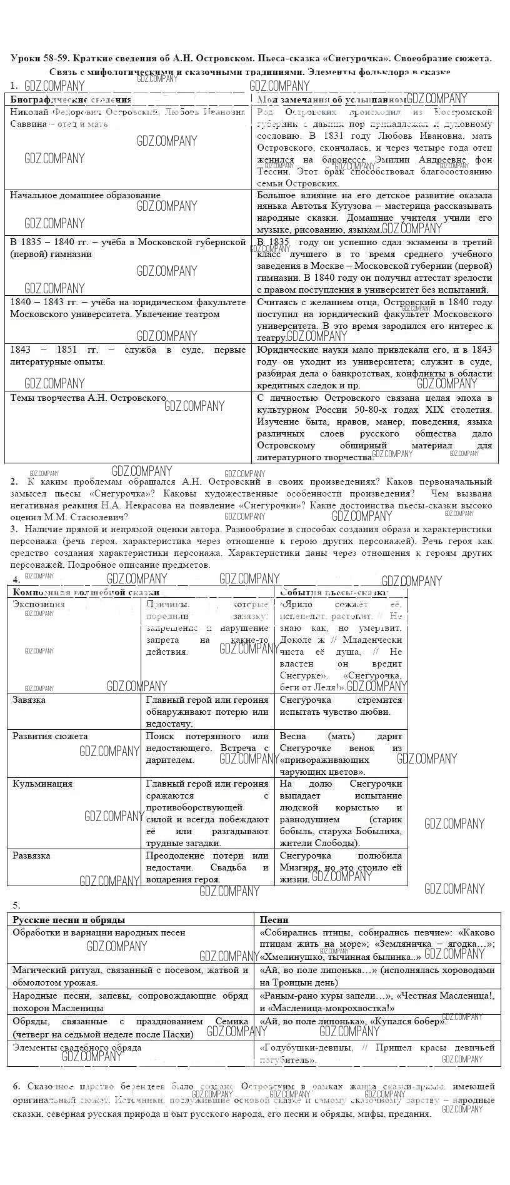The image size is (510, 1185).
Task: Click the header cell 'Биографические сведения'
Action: (x=71, y=99)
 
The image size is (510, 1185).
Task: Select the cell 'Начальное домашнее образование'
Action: (x=85, y=195)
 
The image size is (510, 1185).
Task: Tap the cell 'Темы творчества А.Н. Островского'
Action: (x=88, y=398)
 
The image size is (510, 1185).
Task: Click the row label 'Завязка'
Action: (x=29, y=700)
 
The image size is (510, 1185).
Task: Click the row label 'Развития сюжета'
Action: (x=50, y=736)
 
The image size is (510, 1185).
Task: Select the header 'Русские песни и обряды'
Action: (x=69, y=919)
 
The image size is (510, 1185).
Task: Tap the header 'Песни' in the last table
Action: (x=274, y=919)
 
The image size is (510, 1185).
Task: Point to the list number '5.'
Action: (x=16, y=905)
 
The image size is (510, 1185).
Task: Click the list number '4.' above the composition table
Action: (x=16, y=580)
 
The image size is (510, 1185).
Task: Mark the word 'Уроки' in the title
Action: (x=26, y=58)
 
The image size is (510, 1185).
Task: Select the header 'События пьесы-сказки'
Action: (x=334, y=592)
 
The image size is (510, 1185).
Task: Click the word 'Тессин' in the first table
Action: (x=273, y=171)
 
